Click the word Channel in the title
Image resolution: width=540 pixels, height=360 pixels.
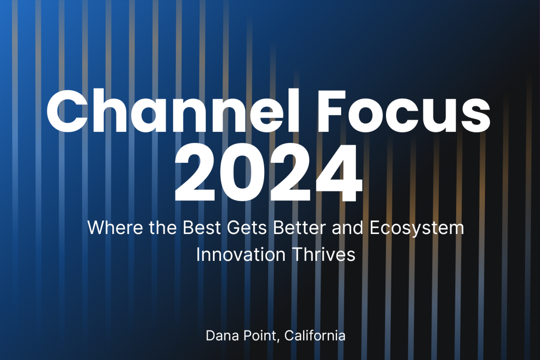(x=173, y=111)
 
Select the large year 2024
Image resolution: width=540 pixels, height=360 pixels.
(x=268, y=173)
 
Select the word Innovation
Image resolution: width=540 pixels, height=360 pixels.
(x=240, y=255)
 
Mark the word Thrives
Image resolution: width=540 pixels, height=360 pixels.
(x=323, y=255)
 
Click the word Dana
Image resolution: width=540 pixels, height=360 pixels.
(x=223, y=336)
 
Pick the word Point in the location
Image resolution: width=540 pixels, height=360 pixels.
(x=260, y=336)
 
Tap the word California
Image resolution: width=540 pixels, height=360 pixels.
(x=315, y=336)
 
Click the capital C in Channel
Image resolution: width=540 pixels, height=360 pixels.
(x=67, y=111)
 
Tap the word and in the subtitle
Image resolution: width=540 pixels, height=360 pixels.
(x=348, y=228)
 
